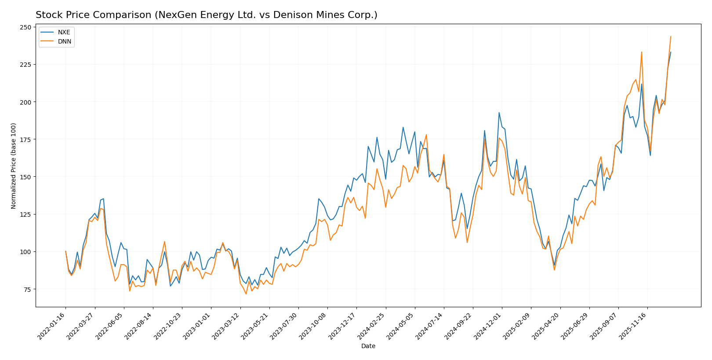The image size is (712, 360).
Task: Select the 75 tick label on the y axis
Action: pyautogui.click(x=27, y=289)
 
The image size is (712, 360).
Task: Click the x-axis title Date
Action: pyautogui.click(x=368, y=346)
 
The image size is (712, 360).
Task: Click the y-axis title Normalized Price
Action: pyautogui.click(x=14, y=166)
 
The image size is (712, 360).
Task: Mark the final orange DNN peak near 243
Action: pyautogui.click(x=671, y=36)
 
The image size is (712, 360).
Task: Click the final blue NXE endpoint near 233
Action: pyautogui.click(x=671, y=52)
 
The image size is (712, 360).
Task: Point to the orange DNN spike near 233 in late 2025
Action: pyautogui.click(x=641, y=52)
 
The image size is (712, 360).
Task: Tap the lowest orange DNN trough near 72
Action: pyautogui.click(x=246, y=294)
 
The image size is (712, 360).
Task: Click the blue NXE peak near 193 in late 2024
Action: pyautogui.click(x=499, y=113)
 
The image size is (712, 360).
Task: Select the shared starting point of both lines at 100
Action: pyautogui.click(x=65, y=251)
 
